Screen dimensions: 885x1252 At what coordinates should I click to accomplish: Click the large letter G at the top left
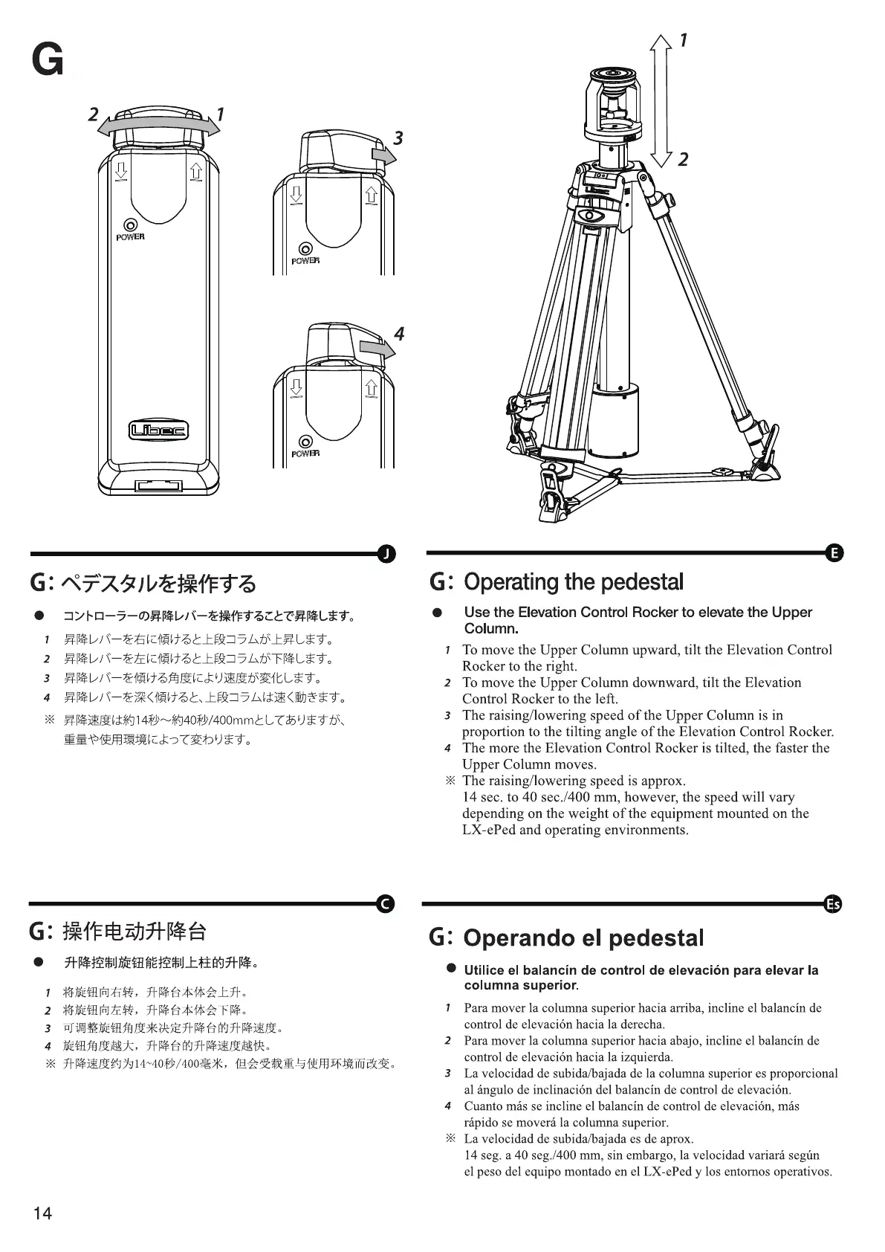(48, 60)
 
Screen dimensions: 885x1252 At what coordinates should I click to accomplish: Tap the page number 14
(42, 1213)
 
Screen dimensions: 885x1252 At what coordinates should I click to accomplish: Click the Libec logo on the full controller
(159, 430)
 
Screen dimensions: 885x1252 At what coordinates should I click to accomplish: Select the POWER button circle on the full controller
(131, 225)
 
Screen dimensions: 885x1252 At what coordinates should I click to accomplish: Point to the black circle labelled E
(834, 552)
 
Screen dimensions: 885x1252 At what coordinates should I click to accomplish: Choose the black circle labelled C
(386, 903)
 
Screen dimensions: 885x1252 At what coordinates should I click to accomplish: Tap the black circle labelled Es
(834, 904)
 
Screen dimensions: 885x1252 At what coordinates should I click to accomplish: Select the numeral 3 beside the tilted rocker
(398, 138)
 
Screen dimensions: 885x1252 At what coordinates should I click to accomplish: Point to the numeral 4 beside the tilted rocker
(399, 334)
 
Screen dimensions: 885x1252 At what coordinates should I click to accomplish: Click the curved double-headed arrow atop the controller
(160, 128)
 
